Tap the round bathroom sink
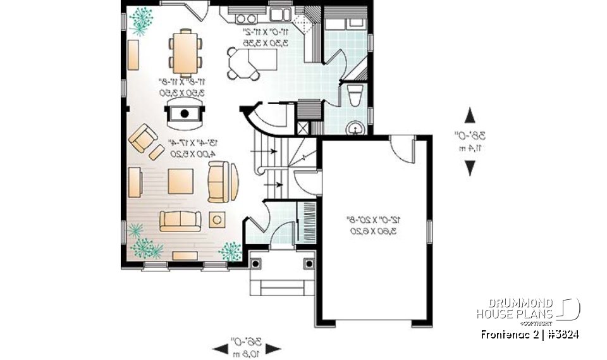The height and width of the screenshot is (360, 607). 356,128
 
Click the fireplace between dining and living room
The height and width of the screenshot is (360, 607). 185,114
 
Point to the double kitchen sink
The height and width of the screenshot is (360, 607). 278,14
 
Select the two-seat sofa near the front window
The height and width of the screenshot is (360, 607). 180,220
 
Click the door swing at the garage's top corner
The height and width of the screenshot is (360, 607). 400,147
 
